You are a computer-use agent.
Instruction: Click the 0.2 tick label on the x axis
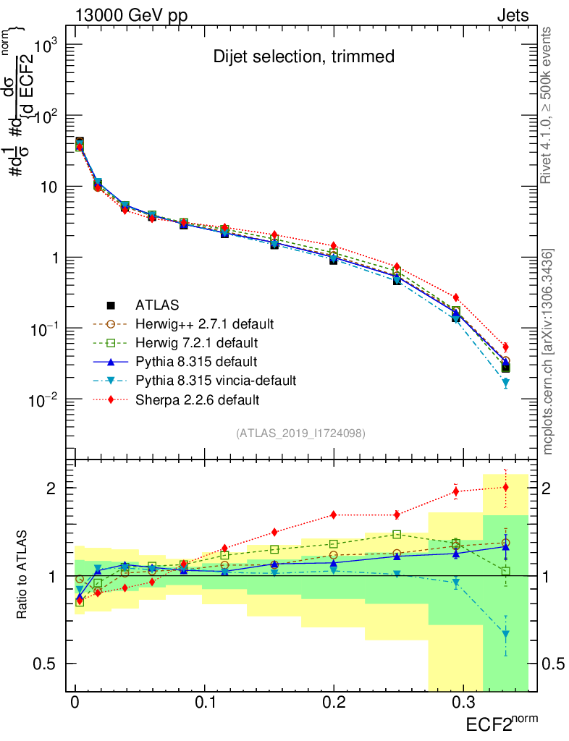click(x=333, y=703)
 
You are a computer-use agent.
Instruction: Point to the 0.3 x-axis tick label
click(x=463, y=703)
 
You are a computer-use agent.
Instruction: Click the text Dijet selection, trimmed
click(x=304, y=56)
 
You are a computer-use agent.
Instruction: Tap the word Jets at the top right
click(x=513, y=15)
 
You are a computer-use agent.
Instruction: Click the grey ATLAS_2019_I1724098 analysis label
click(x=300, y=433)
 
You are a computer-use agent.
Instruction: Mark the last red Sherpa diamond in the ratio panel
click(x=506, y=486)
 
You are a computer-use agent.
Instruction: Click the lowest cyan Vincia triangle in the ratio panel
click(x=506, y=635)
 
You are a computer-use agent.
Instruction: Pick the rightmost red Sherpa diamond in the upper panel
click(x=506, y=347)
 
